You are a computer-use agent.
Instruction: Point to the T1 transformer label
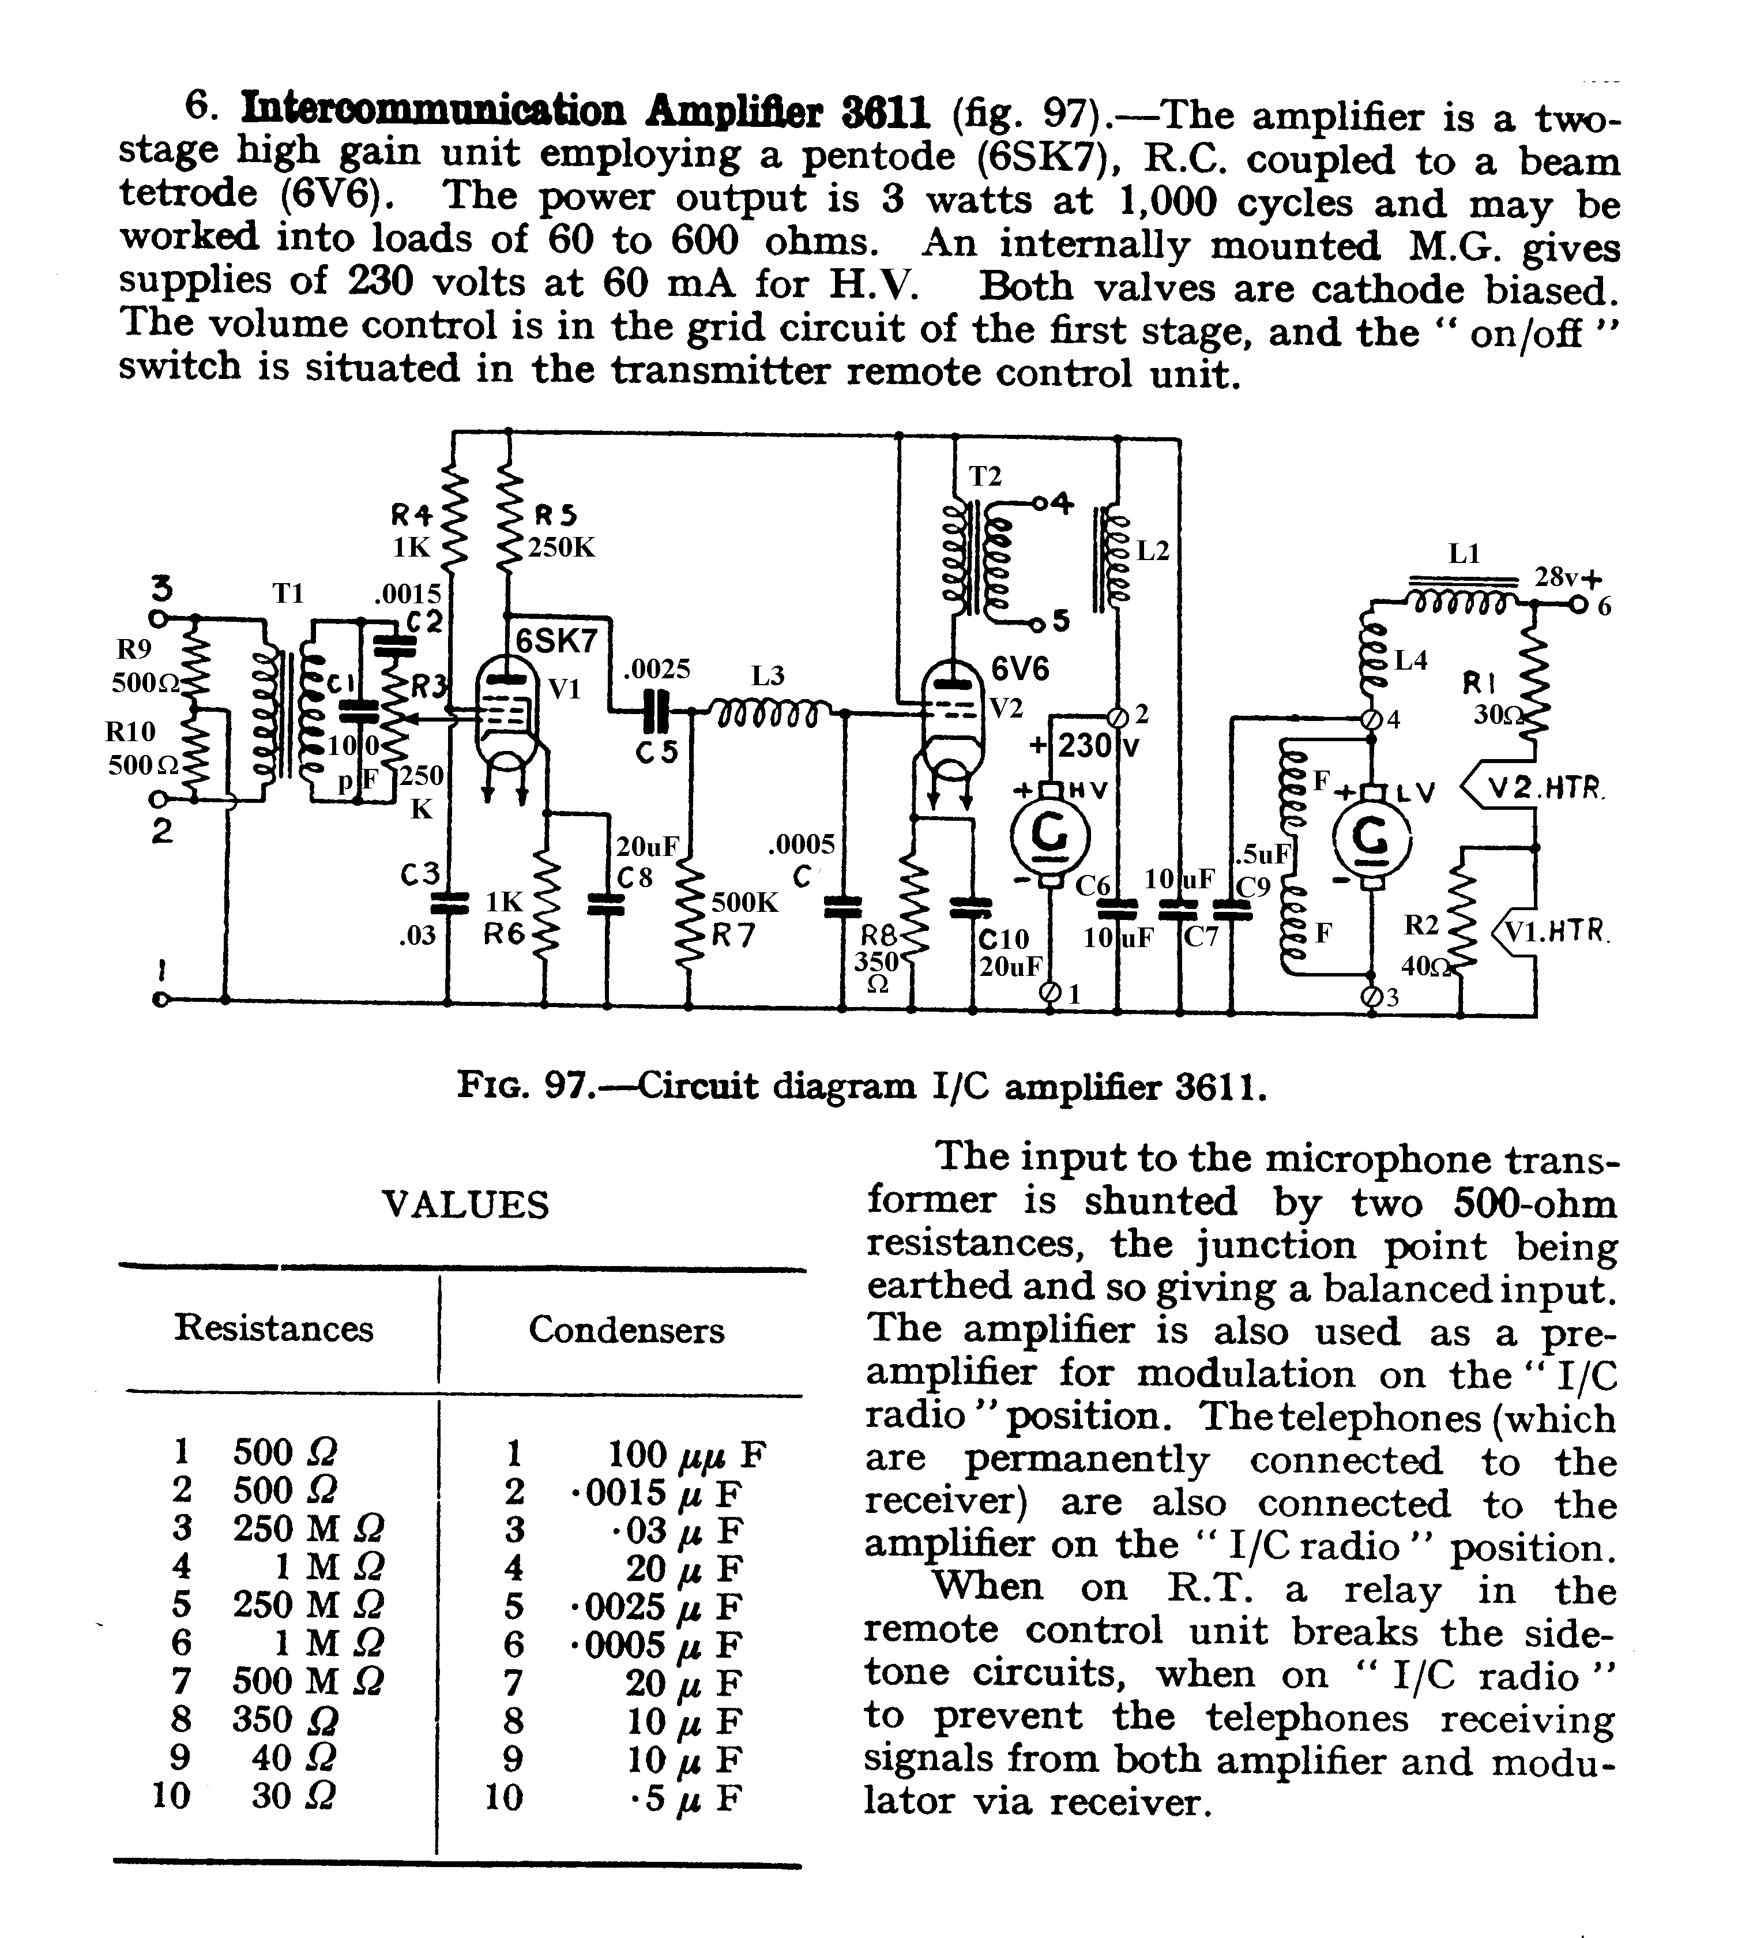287,593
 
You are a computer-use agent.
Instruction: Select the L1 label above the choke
1464,554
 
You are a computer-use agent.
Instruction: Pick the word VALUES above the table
465,1204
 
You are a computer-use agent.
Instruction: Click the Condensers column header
627,1329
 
